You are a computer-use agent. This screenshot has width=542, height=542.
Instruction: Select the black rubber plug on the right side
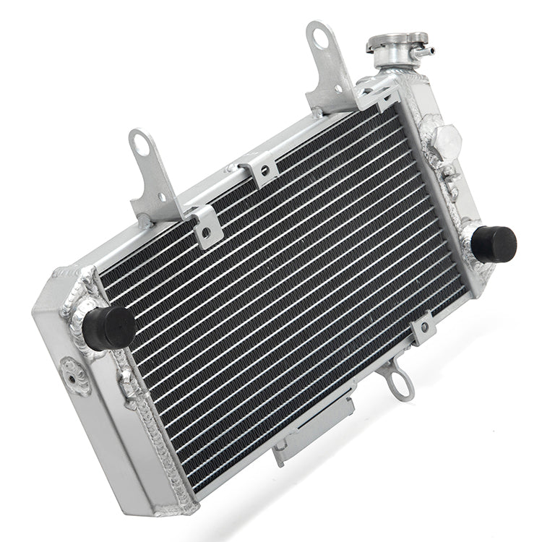pyautogui.click(x=496, y=242)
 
